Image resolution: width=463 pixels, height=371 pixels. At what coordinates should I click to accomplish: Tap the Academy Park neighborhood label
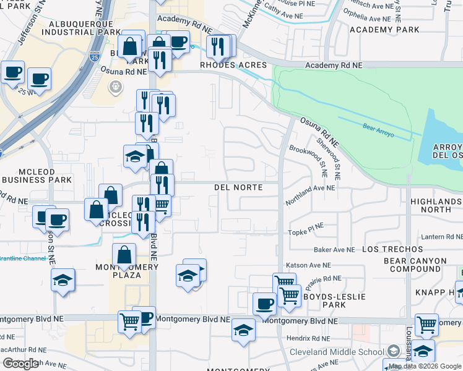tap(384, 29)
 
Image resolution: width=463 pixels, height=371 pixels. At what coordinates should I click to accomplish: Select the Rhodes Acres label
tap(233, 65)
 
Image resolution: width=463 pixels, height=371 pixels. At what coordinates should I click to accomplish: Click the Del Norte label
tap(238, 187)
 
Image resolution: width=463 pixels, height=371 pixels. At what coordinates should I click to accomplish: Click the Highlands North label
tap(436, 206)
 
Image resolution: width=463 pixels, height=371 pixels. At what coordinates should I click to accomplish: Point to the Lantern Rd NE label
tap(440, 237)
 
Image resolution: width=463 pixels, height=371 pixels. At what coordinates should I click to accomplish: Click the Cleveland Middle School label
tap(337, 352)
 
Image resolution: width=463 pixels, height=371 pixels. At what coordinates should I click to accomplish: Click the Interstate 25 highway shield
tap(93, 57)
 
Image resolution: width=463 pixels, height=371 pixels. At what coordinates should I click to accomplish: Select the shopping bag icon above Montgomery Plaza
tap(124, 255)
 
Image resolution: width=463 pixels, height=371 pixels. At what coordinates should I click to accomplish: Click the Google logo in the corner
tap(20, 364)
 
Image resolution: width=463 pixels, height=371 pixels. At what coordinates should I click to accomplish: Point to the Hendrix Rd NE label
tap(308, 338)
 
